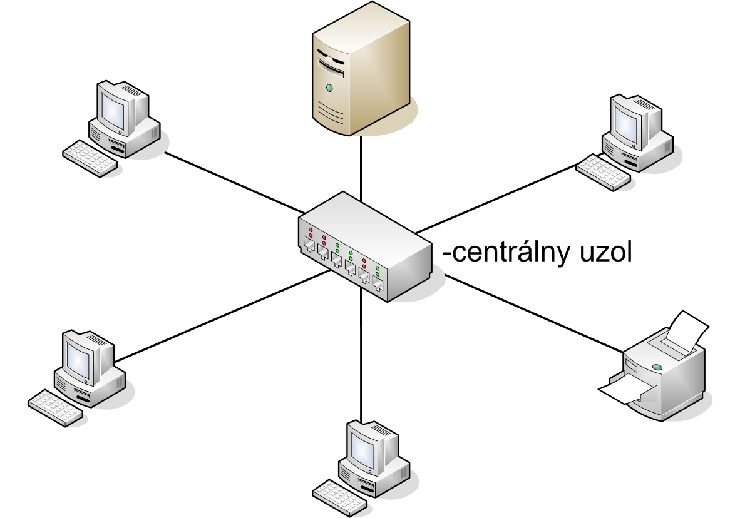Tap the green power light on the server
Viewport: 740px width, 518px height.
pos(329,88)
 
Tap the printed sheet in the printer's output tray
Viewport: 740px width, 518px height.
pos(626,392)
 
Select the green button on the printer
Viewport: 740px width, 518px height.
pos(656,367)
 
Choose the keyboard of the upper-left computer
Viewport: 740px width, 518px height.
pos(90,158)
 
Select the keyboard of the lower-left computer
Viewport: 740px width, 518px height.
pos(56,408)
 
